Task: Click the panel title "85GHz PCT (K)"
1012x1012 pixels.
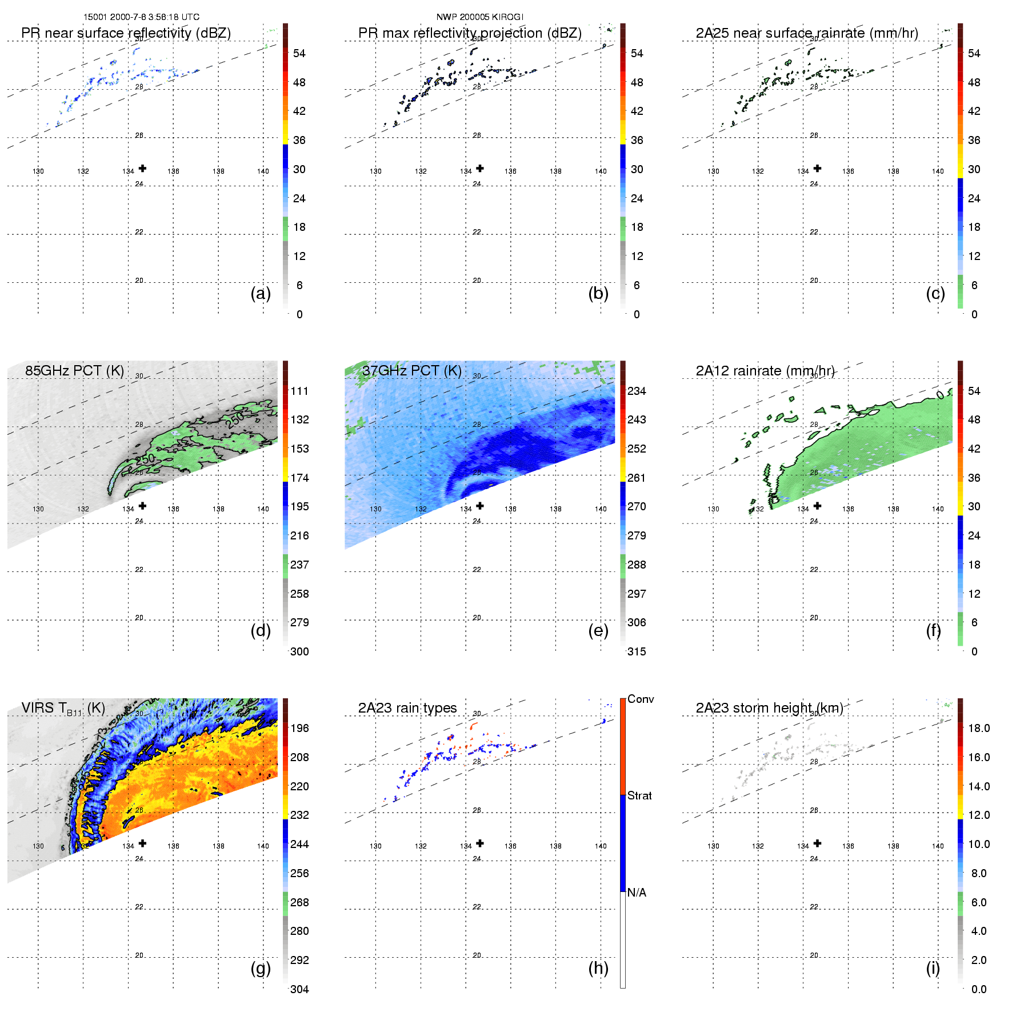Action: [x=74, y=371]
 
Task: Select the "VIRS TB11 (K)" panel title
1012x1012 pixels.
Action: [x=63, y=709]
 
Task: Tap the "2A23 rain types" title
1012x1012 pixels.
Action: [x=407, y=708]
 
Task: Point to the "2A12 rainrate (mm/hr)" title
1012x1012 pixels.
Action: [x=765, y=371]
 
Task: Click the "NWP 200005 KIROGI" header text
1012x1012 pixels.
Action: [x=480, y=17]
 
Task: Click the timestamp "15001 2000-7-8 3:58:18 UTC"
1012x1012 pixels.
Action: [x=142, y=17]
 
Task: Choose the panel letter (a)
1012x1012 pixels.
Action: [x=261, y=294]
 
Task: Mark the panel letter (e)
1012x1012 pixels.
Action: [x=598, y=631]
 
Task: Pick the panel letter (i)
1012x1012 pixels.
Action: [x=933, y=968]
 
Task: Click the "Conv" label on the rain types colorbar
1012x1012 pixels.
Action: [x=641, y=699]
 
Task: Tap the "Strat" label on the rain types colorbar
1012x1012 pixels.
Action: [x=639, y=795]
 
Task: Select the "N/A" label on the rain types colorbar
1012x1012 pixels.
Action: [x=637, y=893]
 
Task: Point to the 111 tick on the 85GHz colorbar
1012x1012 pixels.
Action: [x=299, y=391]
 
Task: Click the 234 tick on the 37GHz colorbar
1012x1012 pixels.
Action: [x=637, y=391]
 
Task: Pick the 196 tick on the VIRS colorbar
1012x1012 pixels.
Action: [x=299, y=728]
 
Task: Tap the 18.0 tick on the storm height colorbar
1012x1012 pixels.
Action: [x=979, y=728]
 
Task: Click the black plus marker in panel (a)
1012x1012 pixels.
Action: [x=142, y=168]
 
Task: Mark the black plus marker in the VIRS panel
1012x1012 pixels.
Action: [x=142, y=843]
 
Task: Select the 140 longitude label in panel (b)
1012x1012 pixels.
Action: [x=601, y=171]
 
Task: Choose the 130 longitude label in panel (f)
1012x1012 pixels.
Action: [x=713, y=509]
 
